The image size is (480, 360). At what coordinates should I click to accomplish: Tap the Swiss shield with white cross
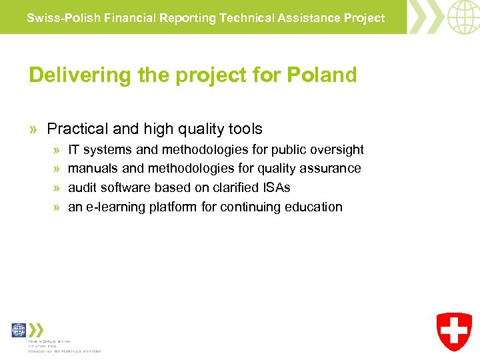coord(454,332)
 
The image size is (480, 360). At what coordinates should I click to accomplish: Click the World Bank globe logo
coord(19,330)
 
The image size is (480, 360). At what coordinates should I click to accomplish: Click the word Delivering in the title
coord(71,75)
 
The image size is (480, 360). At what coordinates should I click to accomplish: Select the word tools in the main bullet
coord(245,129)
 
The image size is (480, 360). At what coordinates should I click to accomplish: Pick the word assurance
coord(331,169)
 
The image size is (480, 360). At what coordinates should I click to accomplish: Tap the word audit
coord(83,188)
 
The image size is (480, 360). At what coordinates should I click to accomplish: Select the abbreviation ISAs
coord(275,188)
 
